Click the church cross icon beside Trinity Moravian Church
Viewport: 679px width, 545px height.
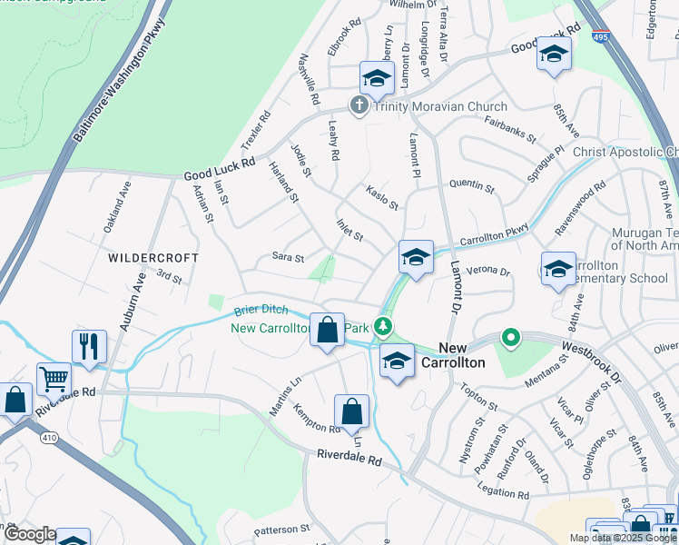pos(359,106)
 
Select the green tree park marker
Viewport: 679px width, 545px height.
pos(385,325)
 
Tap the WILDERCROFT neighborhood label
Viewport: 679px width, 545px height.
pos(153,258)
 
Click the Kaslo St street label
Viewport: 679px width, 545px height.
pos(382,197)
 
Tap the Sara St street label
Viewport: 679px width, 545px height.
pos(289,258)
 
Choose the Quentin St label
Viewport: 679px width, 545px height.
pos(472,186)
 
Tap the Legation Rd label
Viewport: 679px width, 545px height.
pos(502,493)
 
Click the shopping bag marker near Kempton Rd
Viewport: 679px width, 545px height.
pos(351,411)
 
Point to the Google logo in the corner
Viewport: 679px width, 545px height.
pos(29,534)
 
